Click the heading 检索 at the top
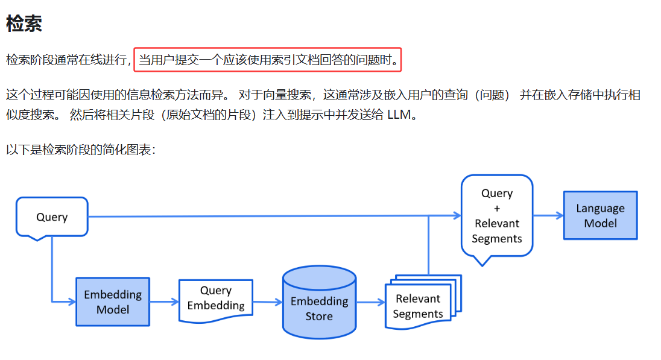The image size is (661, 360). (x=24, y=24)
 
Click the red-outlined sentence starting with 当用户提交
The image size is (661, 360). (x=267, y=60)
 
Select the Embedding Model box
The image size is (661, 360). (x=113, y=302)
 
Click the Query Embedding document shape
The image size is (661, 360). (x=216, y=298)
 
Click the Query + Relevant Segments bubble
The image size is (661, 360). (x=497, y=216)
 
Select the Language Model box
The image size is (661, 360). (x=600, y=215)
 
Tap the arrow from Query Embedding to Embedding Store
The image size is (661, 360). (x=268, y=302)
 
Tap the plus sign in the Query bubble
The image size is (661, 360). (x=497, y=208)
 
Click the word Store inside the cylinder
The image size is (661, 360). (x=319, y=317)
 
